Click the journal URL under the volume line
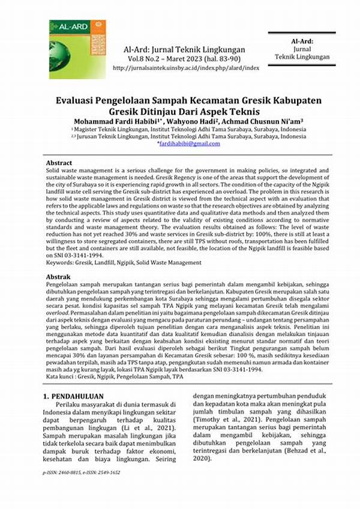click(180, 68)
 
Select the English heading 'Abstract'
click(59, 163)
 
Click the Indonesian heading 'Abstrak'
click(58, 277)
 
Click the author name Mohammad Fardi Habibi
click(98, 119)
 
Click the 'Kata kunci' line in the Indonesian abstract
click(115, 376)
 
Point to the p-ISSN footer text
click(80, 473)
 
